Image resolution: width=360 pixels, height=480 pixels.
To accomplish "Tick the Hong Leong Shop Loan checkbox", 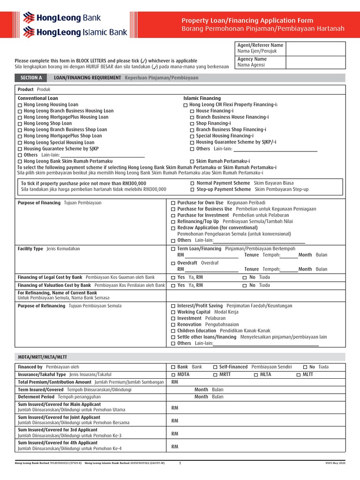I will (20, 124).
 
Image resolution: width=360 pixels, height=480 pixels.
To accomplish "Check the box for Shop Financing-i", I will (192, 124).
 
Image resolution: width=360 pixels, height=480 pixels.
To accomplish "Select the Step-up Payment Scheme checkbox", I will (193, 189).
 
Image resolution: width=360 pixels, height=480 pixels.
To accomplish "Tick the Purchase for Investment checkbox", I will (173, 215).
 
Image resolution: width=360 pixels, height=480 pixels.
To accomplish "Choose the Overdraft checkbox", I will (173, 263).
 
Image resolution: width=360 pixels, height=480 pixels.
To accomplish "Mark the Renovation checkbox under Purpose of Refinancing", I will (173, 324).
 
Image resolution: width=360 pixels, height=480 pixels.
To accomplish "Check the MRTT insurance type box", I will (215, 375).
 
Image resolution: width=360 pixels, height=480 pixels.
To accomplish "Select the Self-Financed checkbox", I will (215, 367).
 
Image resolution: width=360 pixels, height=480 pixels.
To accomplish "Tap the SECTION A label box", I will (31, 78).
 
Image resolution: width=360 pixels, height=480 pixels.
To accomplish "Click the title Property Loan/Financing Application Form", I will (247, 21).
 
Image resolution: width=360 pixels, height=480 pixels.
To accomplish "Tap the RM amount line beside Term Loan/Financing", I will (211, 255).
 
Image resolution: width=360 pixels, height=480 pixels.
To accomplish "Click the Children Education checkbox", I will (173, 331).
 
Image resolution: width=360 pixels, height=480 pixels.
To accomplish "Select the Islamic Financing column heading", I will (202, 98).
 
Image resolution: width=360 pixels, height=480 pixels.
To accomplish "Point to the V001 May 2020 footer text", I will (335, 463).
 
